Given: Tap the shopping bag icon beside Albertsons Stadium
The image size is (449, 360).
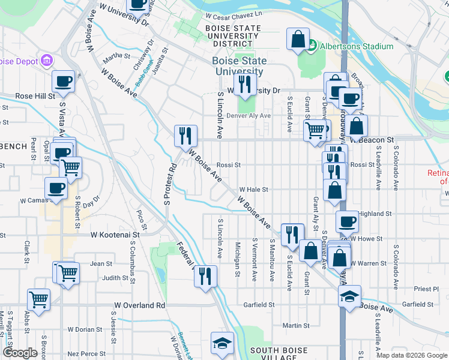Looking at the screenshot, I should point(298,40).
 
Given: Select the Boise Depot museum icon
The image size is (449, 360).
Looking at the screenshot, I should point(46,61).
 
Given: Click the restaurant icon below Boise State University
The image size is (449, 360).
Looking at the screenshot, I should point(244,85).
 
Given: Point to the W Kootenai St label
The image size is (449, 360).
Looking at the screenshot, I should point(119,236).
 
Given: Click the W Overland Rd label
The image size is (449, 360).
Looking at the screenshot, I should point(136,305).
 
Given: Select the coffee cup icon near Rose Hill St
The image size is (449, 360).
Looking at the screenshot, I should point(62,82).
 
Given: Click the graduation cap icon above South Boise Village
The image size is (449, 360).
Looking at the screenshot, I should point(222,344).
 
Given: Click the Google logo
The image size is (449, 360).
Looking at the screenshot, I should point(20,353).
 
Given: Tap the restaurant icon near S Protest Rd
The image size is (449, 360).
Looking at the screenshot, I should point(185,136).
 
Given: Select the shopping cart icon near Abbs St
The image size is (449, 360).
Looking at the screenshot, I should point(39,299).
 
